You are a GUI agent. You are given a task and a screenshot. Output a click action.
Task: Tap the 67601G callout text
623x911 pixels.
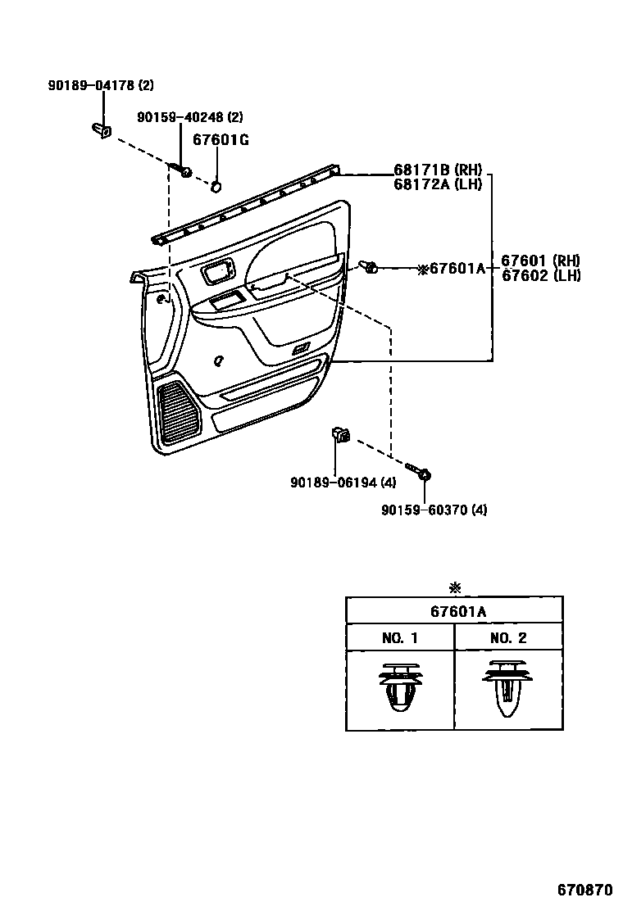tap(221, 140)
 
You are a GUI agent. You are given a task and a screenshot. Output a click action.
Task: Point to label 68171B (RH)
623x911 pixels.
tap(438, 170)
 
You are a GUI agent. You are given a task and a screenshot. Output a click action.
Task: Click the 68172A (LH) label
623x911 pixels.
tap(438, 184)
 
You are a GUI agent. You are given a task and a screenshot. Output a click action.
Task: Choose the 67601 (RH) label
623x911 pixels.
tap(540, 261)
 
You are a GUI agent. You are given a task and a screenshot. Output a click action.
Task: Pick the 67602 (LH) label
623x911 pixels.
tap(540, 276)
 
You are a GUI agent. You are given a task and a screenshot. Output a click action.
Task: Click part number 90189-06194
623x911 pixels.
tap(333, 483)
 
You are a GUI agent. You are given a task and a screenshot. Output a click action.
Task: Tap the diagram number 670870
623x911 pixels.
tap(585, 888)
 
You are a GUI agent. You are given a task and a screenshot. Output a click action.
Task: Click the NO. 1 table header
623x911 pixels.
tap(400, 638)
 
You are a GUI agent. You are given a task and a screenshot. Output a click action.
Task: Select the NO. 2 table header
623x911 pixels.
tap(508, 638)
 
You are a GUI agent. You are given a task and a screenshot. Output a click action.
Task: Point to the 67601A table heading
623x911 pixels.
tap(454, 611)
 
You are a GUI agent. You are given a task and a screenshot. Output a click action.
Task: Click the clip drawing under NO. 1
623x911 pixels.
tap(400, 688)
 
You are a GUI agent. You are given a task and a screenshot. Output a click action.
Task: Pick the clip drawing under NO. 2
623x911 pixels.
tap(508, 688)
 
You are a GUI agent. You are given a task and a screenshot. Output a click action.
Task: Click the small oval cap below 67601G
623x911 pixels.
tap(216, 186)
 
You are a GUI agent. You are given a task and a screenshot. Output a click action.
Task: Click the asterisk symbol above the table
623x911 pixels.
tap(455, 587)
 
